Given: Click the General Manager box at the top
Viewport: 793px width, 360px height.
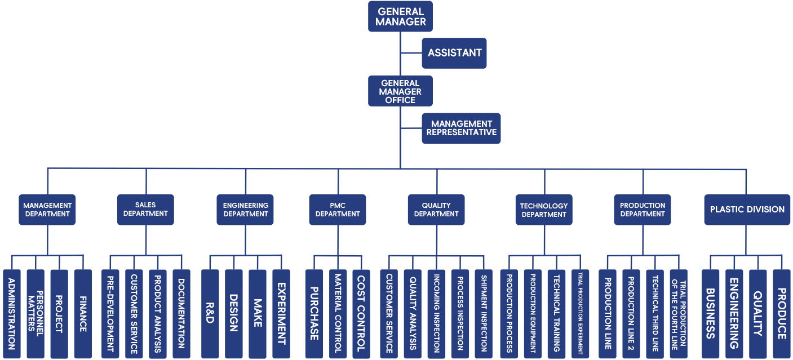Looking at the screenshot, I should click(x=400, y=16).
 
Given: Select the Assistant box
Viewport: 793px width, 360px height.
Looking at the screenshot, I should click(x=454, y=53).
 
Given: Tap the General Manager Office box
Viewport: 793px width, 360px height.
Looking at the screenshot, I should click(x=400, y=91).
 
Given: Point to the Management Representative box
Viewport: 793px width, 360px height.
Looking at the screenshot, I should click(x=461, y=128).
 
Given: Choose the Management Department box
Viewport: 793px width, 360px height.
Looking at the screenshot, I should click(x=47, y=210).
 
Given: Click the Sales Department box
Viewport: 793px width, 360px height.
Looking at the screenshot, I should click(x=145, y=210).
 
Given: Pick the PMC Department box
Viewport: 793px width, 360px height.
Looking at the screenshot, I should click(x=338, y=210).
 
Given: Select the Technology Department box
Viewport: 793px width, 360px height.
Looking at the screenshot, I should click(x=544, y=210).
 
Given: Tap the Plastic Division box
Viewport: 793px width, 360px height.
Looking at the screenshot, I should click(x=747, y=210).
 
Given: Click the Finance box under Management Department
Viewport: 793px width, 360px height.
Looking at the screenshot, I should click(x=83, y=313).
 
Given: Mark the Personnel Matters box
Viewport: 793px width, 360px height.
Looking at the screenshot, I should click(x=36, y=313).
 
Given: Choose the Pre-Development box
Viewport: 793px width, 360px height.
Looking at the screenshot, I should click(x=110, y=313).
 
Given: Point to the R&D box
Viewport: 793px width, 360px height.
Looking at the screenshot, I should click(x=210, y=313).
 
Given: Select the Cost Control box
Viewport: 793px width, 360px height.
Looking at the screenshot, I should click(x=361, y=313).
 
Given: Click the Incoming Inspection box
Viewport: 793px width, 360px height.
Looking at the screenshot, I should click(x=436, y=313).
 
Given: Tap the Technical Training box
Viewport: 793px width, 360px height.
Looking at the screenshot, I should click(x=556, y=313).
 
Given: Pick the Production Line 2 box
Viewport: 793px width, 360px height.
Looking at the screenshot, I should click(x=631, y=313).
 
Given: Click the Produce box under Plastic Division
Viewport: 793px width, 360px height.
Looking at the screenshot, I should click(x=782, y=313).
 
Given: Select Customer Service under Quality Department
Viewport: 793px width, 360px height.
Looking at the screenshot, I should click(x=389, y=313).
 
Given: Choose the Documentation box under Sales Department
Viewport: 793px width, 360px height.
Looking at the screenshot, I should click(x=181, y=313).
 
